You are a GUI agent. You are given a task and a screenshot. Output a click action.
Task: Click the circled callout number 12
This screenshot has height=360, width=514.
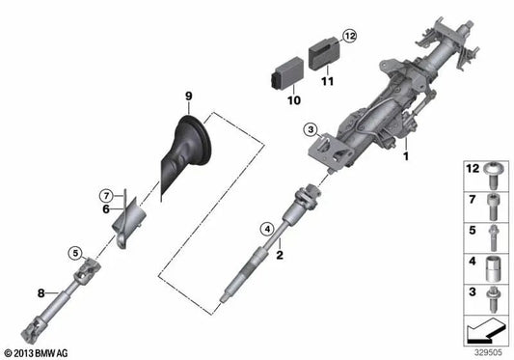[349, 36]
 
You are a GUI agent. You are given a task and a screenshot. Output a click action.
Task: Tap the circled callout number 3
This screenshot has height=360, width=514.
[311, 129]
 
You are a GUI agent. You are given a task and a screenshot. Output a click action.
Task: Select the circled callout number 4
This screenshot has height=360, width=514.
[266, 229]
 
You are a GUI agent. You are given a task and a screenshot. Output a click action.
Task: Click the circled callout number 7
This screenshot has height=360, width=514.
[108, 197]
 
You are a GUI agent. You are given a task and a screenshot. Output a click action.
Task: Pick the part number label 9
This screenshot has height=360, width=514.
[189, 95]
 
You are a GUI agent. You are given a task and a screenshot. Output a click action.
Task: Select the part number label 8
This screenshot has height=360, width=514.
[41, 291]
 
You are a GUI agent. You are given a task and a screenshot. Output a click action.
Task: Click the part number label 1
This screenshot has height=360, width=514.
[407, 155]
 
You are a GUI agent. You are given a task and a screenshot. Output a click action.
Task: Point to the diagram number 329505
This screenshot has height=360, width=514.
[486, 350]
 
